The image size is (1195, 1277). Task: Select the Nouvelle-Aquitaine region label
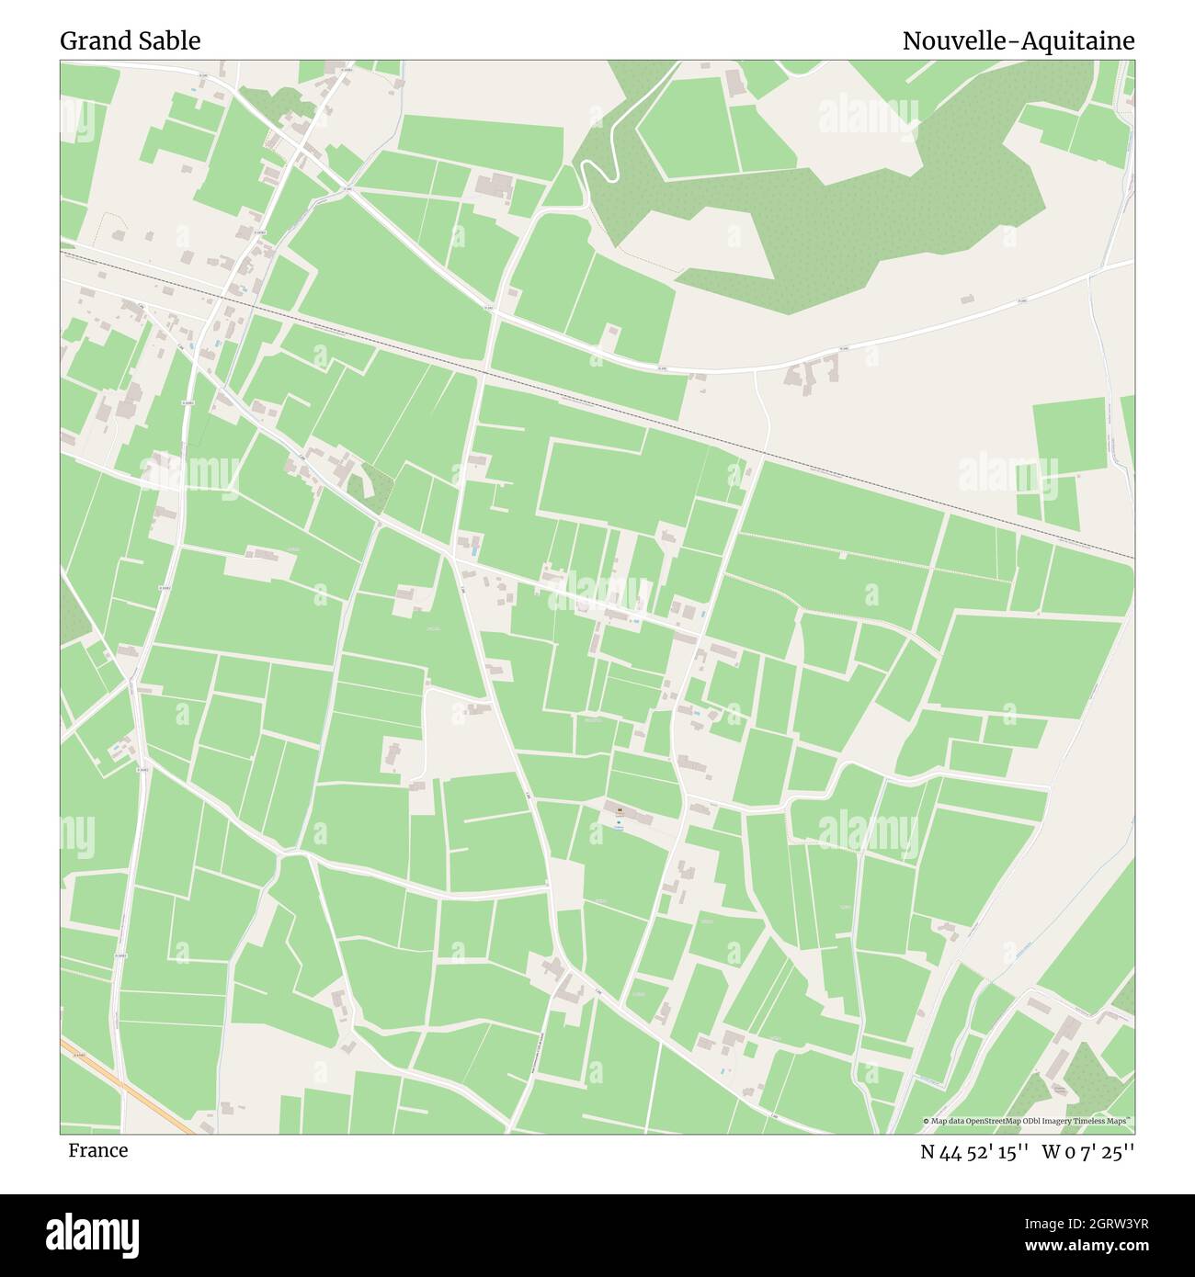tap(1018, 41)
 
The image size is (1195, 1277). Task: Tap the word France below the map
tap(97, 1151)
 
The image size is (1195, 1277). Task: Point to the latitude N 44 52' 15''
tap(975, 1153)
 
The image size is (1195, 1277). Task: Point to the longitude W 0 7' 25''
tap(1088, 1153)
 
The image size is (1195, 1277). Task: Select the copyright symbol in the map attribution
tap(928, 1122)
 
